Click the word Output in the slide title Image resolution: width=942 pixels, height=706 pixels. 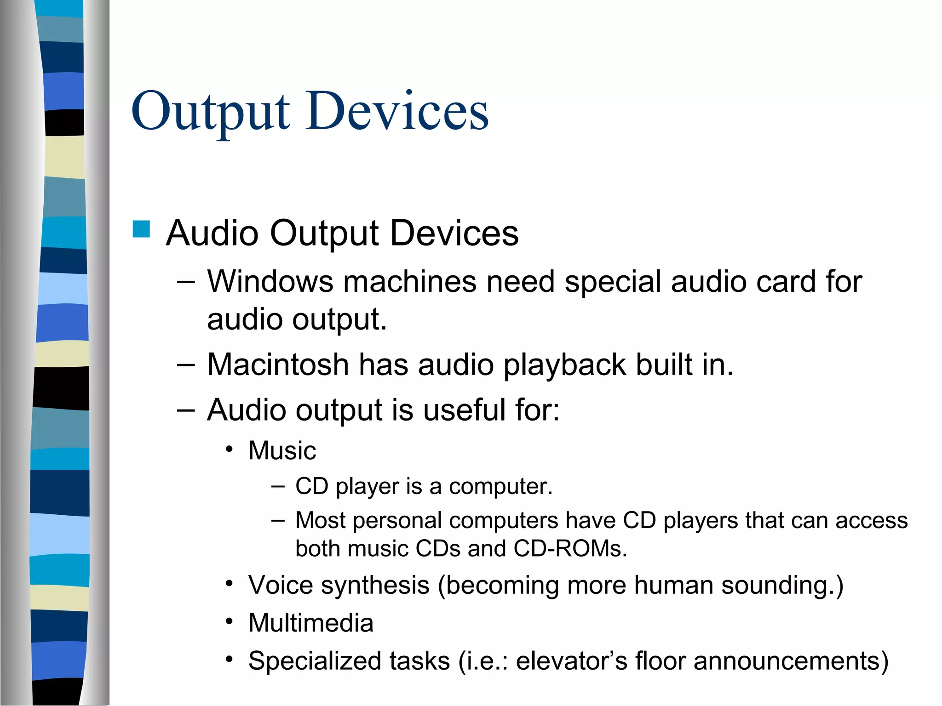pos(211,112)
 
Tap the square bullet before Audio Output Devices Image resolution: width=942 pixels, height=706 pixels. pos(141,229)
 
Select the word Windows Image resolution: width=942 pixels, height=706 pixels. pos(270,281)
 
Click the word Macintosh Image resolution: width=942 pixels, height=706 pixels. pos(278,365)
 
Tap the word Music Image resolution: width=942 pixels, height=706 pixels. pos(282,450)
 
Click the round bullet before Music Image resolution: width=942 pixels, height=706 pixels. pos(229,449)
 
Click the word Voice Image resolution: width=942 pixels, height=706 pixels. pos(280,586)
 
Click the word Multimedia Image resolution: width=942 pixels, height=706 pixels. pos(310,623)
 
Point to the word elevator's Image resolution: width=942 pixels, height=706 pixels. pos(571,661)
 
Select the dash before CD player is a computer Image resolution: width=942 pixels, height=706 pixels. pos(278,485)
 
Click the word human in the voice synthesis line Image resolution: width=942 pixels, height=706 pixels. pos(673,586)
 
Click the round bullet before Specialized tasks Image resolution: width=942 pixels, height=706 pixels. pos(229,660)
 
